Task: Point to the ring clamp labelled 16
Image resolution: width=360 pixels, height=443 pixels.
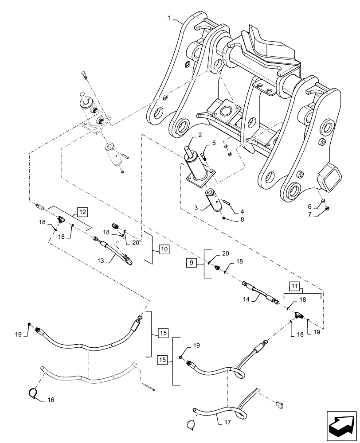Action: (x=33, y=392)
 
